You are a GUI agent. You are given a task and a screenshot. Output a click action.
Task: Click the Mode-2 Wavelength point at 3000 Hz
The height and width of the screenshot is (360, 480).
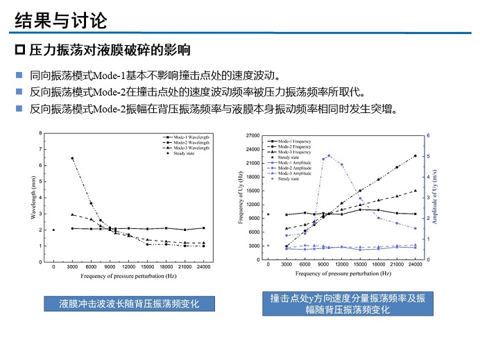(x=72, y=158)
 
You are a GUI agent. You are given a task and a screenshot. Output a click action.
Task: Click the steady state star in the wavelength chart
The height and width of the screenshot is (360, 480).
(x=53, y=230)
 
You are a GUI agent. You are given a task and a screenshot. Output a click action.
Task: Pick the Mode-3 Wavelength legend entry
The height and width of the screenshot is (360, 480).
(x=178, y=148)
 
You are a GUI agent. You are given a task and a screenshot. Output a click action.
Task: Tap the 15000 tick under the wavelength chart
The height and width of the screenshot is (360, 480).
(x=147, y=266)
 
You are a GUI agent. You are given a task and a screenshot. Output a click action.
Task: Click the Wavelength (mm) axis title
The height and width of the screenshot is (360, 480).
(x=33, y=198)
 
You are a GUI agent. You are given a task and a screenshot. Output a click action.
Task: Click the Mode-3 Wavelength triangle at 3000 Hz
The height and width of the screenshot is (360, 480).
(x=72, y=214)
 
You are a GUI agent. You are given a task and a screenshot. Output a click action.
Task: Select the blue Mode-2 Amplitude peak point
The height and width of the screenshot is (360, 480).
(x=329, y=155)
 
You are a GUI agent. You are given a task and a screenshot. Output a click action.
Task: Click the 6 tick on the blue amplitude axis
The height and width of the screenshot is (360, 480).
(x=429, y=136)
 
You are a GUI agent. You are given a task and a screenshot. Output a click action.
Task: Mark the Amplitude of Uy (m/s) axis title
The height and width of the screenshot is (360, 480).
(x=436, y=198)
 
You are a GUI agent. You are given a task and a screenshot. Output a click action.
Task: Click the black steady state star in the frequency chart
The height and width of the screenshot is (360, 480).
(x=268, y=214)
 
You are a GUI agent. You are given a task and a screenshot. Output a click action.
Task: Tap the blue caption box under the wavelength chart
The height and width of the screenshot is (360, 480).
(x=129, y=303)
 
